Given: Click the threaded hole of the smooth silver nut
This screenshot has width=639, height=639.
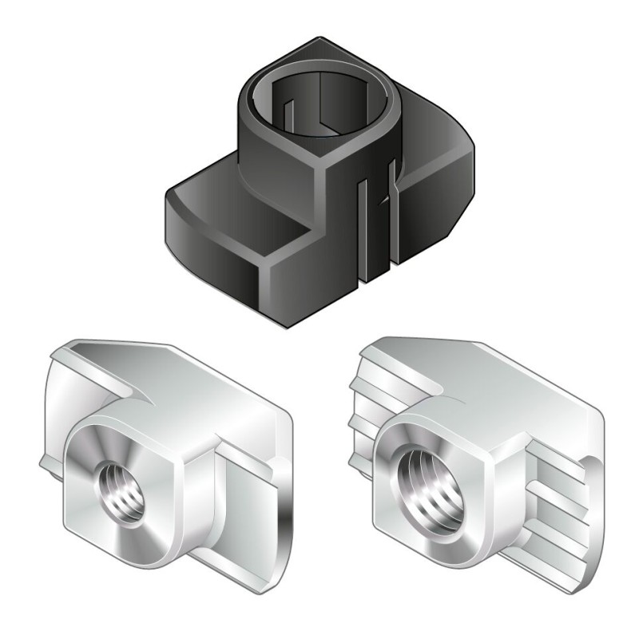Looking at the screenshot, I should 120,487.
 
